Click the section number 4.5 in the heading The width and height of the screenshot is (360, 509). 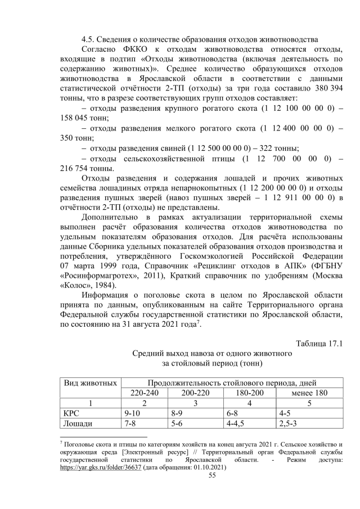click(x=88, y=39)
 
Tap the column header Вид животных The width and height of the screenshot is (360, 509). click(x=89, y=382)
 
